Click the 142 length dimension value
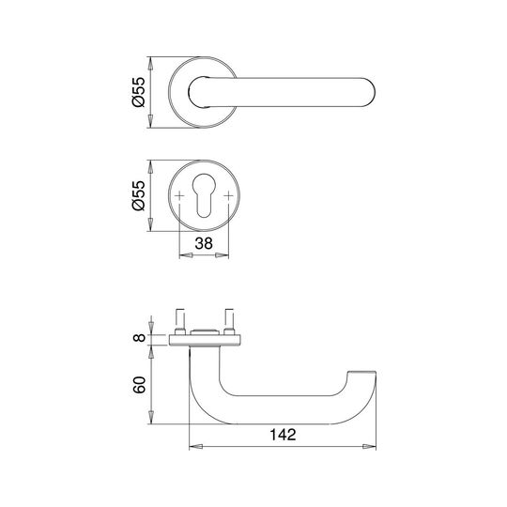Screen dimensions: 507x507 [283, 435]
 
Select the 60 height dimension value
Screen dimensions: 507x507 [139, 385]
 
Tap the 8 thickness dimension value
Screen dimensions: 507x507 [139, 338]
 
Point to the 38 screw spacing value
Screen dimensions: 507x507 [204, 243]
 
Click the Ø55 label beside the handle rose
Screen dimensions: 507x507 [139, 92]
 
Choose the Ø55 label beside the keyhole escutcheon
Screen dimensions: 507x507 [139, 195]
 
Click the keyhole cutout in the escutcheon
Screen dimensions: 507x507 [204, 195]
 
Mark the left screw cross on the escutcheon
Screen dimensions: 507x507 [179, 195]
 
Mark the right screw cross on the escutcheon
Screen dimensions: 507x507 [228, 195]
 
